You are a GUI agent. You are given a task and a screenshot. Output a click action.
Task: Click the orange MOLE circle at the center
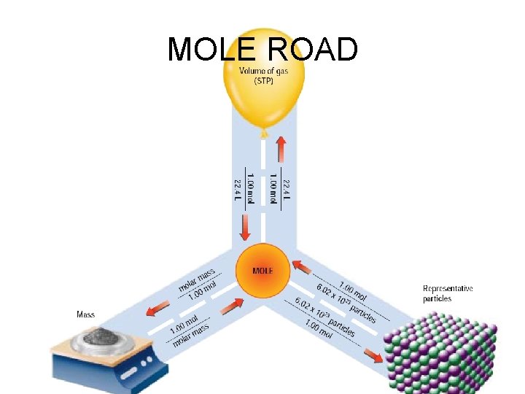[262, 271]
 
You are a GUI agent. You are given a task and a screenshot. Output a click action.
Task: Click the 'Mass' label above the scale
[86, 315]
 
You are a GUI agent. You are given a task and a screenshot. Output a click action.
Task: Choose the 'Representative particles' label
[448, 293]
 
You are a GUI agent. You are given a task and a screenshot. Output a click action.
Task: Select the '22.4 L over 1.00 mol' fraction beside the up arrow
[279, 187]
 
